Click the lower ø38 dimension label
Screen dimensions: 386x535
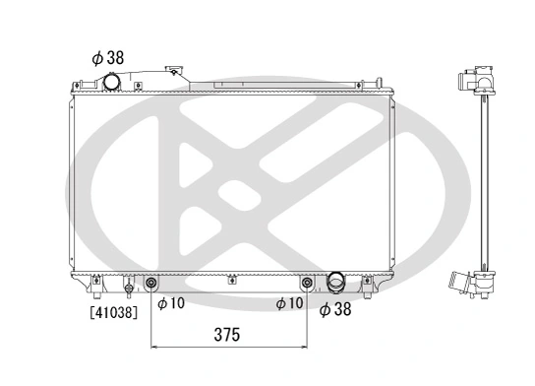click(x=336, y=308)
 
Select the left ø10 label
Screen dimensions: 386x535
click(x=171, y=304)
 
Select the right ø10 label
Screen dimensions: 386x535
click(x=290, y=304)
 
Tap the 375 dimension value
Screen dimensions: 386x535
click(x=227, y=335)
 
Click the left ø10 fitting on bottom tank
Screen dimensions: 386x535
click(x=151, y=285)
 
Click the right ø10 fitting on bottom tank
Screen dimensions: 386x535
click(x=307, y=285)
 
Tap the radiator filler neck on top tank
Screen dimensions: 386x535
click(x=176, y=72)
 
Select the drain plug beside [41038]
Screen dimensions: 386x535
click(x=128, y=288)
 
